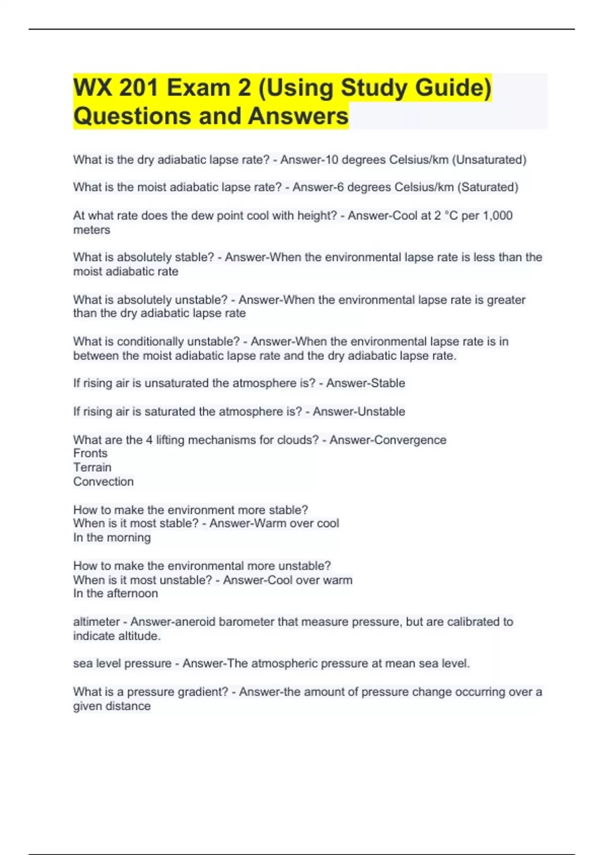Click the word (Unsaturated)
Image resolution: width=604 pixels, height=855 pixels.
tap(489, 160)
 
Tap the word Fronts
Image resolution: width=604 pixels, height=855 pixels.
tap(90, 453)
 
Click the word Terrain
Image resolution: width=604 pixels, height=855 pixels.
tap(92, 467)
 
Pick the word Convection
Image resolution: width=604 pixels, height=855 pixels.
tap(103, 481)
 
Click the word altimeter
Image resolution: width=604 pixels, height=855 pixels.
tap(96, 622)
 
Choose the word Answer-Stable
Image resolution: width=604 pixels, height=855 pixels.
tap(365, 383)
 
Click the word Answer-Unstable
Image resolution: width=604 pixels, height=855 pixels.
tap(359, 411)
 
